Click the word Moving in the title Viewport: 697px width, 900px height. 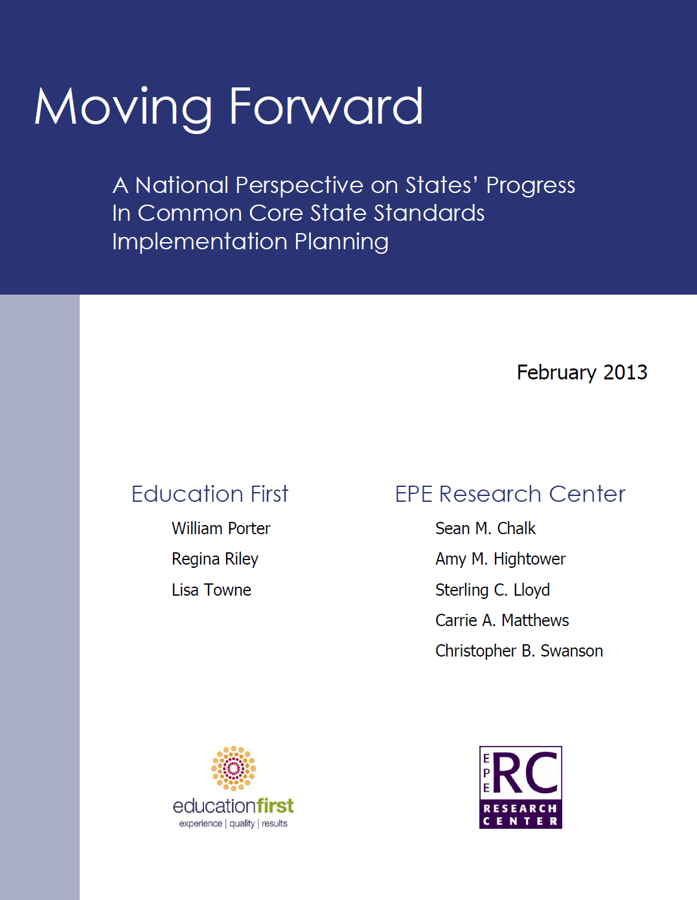tap(123, 109)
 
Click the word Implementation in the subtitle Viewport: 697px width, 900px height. tap(200, 242)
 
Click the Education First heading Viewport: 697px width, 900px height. tap(210, 493)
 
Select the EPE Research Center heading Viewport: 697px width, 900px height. tap(510, 493)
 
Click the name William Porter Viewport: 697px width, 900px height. tap(221, 528)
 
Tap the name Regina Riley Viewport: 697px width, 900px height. tap(215, 559)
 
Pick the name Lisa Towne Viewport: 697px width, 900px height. tap(211, 590)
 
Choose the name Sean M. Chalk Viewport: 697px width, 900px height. tap(485, 528)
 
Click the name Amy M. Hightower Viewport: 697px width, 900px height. tap(500, 559)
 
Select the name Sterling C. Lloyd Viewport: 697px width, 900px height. tap(492, 591)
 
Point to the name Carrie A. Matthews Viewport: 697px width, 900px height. tap(502, 620)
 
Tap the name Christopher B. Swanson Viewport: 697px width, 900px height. tap(519, 651)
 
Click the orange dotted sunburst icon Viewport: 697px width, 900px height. tap(233, 769)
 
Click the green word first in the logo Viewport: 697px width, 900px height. tap(275, 806)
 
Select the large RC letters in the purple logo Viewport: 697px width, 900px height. tap(525, 774)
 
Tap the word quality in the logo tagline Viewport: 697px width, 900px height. tap(242, 824)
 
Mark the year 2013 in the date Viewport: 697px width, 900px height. tap(625, 372)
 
